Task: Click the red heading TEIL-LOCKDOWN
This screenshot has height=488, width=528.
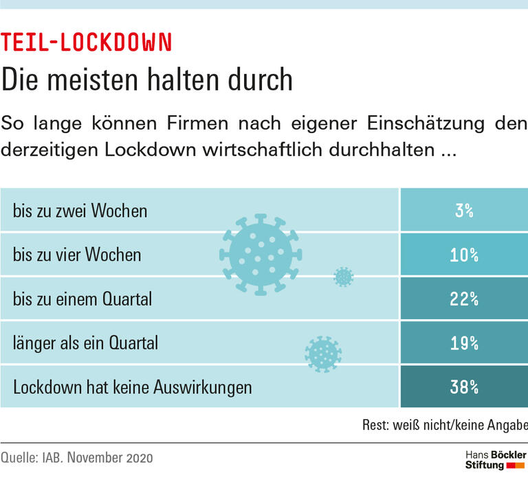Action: [x=86, y=43]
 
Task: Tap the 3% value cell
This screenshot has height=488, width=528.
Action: [x=464, y=211]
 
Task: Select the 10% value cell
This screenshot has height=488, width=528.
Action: [x=464, y=255]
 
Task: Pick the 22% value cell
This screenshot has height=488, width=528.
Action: [x=464, y=299]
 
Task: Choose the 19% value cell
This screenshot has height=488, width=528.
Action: [x=464, y=343]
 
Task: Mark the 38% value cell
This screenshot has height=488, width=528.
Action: [x=464, y=387]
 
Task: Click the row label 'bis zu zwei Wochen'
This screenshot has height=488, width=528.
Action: [x=80, y=211]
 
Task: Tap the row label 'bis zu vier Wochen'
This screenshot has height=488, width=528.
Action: [x=77, y=255]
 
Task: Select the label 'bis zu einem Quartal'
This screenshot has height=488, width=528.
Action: [x=82, y=299]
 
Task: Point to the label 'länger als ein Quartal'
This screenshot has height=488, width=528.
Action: [x=85, y=343]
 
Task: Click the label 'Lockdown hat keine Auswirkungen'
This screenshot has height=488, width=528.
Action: [x=133, y=387]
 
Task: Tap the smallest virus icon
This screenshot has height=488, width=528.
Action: [x=343, y=277]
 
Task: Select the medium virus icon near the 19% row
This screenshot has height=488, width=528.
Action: [x=322, y=353]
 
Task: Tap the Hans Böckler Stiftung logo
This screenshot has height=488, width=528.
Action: [x=495, y=460]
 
